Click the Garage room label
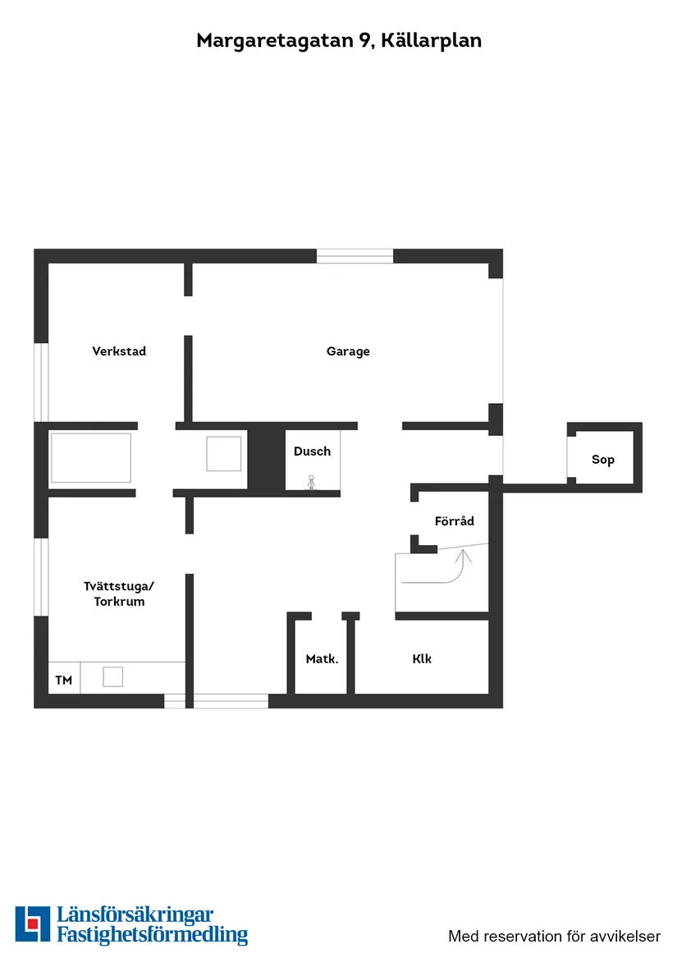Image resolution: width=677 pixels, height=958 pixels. [348, 351]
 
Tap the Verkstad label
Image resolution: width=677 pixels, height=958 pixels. [119, 351]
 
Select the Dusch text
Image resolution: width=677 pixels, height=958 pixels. [312, 451]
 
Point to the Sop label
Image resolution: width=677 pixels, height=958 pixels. [603, 460]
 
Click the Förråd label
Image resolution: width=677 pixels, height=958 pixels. [454, 520]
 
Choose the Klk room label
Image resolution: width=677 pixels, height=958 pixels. [422, 658]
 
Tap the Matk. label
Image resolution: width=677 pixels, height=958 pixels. [322, 658]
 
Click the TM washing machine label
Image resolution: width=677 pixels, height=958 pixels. [63, 680]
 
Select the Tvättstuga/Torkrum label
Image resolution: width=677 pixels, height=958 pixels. [119, 594]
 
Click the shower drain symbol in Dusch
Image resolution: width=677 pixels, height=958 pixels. [311, 484]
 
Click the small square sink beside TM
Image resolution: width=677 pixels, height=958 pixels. [112, 676]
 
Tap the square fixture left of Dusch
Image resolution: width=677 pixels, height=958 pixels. [223, 454]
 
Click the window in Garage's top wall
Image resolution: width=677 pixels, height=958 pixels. [355, 255]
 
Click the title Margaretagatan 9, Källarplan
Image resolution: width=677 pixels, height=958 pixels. [338, 40]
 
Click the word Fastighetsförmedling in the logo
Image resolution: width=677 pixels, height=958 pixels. [152, 934]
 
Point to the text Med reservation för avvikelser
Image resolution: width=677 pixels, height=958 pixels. [554, 936]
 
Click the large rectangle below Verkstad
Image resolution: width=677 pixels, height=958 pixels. [90, 458]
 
